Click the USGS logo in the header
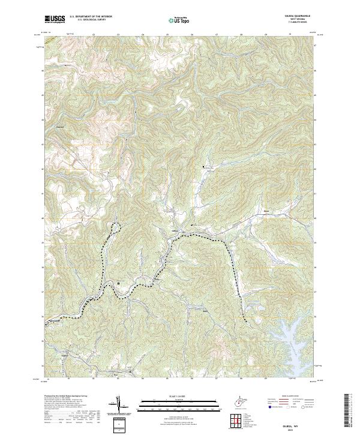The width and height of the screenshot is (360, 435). click(55, 19)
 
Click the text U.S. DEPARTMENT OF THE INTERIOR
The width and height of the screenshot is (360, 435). click(91, 17)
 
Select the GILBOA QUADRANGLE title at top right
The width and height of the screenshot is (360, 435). click(302, 16)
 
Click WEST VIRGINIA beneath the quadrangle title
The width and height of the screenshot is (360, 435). click(302, 19)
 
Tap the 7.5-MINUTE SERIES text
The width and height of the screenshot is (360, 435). click(302, 22)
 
